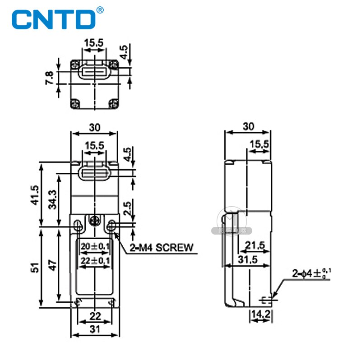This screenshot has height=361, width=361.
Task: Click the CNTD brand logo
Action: click(x=54, y=19)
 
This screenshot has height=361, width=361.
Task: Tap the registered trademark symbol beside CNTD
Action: click(x=100, y=10)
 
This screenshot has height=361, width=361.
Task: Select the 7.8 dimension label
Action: click(x=50, y=78)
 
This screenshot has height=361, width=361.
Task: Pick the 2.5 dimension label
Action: click(x=128, y=208)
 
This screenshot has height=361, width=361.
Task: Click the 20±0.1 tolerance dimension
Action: click(x=95, y=246)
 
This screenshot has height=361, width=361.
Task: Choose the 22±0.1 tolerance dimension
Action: click(x=95, y=261)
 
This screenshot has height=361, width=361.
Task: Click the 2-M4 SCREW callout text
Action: click(x=161, y=247)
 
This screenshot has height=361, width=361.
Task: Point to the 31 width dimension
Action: click(x=95, y=330)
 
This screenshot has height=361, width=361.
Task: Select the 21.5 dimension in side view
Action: click(x=255, y=246)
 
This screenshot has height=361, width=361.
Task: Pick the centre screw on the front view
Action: click(x=95, y=220)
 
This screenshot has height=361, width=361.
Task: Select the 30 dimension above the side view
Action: click(x=248, y=127)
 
